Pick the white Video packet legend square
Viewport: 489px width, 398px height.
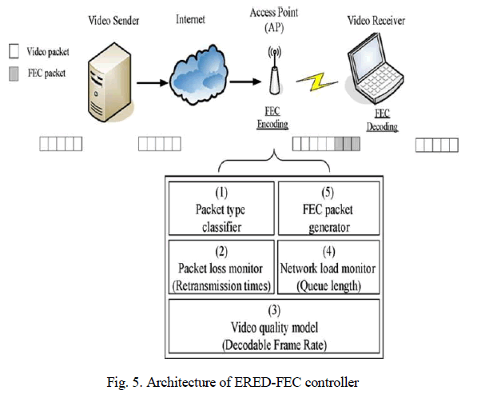point(14,51)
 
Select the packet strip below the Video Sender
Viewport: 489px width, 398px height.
point(61,145)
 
